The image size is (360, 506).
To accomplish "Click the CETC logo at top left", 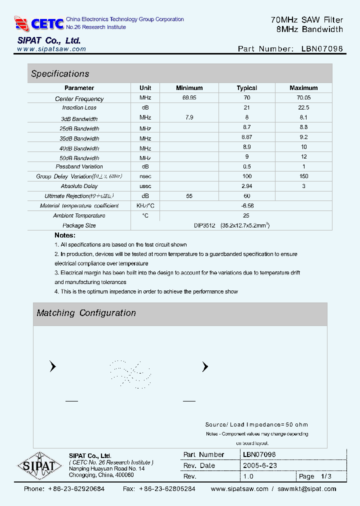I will click(39, 23).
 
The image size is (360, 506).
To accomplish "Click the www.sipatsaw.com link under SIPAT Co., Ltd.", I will click(51, 49).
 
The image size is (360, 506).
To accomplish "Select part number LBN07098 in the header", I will click(322, 49).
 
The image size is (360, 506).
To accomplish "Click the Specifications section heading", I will click(60, 74).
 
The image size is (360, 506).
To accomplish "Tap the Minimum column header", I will click(189, 88).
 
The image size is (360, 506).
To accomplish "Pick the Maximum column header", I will click(303, 88).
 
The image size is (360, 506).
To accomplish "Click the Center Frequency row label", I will click(79, 99).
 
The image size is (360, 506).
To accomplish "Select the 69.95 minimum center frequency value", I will click(189, 98).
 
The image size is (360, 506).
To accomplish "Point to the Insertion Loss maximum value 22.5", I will click(303, 107).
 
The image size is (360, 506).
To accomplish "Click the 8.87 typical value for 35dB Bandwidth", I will click(246, 137).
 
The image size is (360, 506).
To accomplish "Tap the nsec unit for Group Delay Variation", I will click(145, 176).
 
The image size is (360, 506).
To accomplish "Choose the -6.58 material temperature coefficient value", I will click(246, 206).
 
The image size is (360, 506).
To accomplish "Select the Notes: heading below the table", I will click(65, 235).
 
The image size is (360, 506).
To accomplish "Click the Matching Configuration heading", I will click(86, 313).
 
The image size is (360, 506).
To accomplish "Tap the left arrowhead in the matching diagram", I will click(52, 367).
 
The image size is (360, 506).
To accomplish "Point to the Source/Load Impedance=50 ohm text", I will click(256, 424).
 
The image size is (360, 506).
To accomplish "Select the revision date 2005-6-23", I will click(260, 465).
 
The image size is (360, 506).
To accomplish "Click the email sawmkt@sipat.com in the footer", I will click(307, 489).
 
